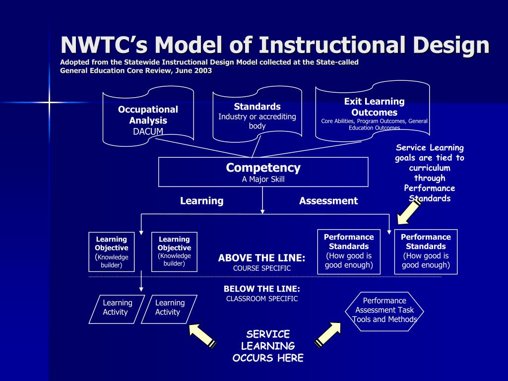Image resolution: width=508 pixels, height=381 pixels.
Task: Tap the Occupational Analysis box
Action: pos(148,116)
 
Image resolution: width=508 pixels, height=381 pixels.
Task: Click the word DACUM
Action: pos(148,131)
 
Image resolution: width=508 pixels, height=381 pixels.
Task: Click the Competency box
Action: pos(263,172)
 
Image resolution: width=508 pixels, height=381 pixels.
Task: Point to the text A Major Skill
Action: pos(263,180)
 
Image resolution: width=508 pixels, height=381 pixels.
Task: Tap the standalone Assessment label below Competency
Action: pos(328,201)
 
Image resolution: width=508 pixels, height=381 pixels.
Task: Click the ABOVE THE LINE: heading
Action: pos(261,258)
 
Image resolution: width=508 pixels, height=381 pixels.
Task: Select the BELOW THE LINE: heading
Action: pos(261,289)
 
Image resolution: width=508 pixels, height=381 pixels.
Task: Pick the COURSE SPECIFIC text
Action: pos(261,268)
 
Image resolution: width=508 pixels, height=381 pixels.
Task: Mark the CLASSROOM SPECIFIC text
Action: pos(261,299)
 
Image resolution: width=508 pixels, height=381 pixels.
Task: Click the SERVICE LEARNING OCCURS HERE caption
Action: pos(268,346)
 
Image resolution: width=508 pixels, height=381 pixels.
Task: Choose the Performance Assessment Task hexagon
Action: pos(384,310)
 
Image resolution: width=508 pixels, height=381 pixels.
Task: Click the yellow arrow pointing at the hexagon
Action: pos(328,333)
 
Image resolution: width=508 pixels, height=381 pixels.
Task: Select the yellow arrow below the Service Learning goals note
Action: pos(409,210)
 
